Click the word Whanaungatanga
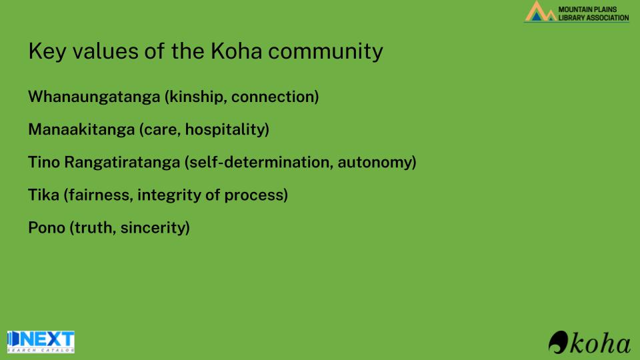(94, 97)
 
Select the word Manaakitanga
(81, 129)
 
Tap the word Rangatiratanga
(122, 163)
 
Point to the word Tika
(44, 195)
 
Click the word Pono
(47, 227)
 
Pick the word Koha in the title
(236, 51)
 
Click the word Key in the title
(47, 52)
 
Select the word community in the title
(326, 52)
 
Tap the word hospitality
(225, 129)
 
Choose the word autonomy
(375, 163)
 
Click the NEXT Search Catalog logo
(41, 341)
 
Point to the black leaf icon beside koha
(559, 342)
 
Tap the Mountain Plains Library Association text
(593, 13)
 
